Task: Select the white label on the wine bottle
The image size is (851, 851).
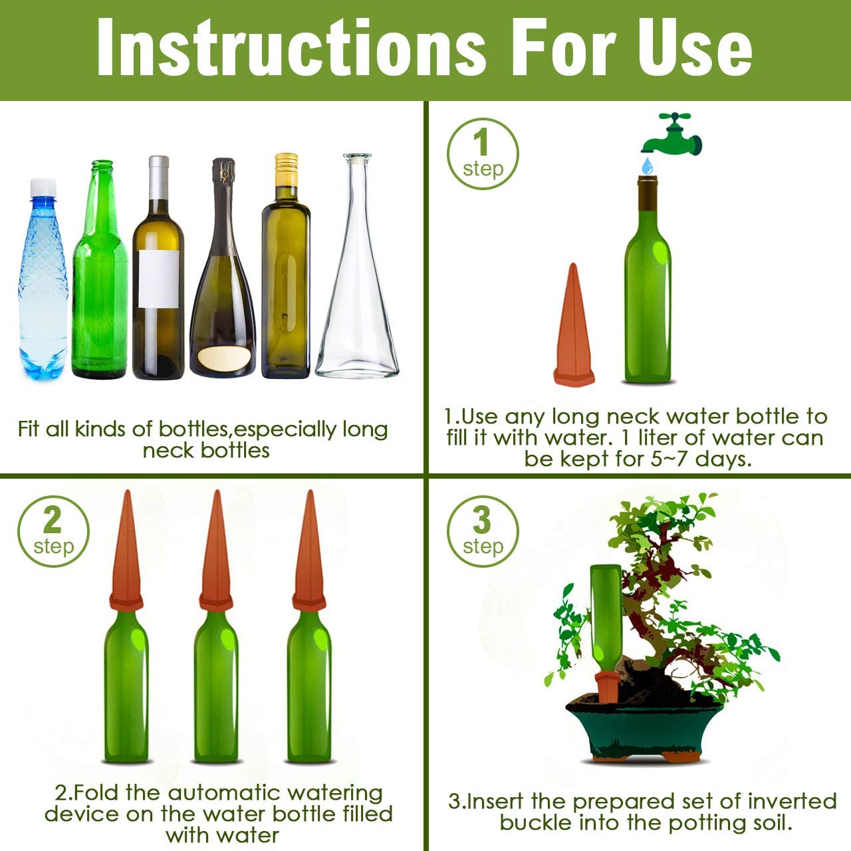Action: [158, 279]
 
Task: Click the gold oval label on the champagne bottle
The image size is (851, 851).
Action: [223, 358]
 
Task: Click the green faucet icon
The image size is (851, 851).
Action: [671, 134]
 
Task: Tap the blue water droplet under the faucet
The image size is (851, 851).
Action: [648, 166]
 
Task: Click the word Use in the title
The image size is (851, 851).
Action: [694, 48]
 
